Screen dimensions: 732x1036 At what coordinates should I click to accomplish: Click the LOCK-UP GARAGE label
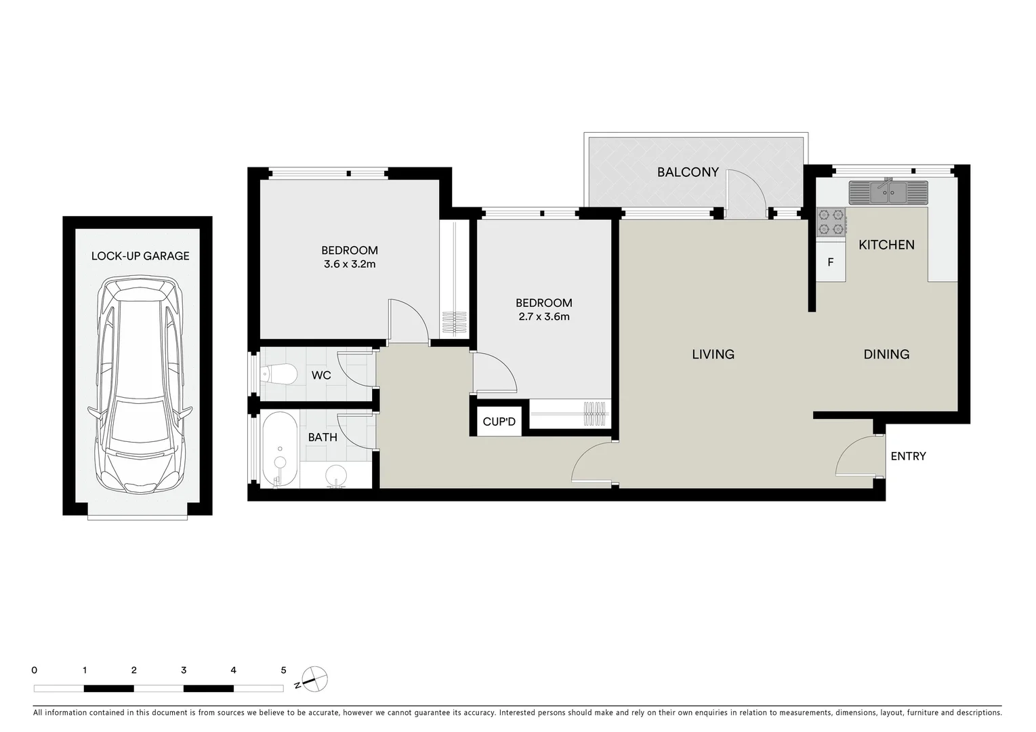140,256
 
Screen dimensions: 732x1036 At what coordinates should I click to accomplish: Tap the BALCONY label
688,172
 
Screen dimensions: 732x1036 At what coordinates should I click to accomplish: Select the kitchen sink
888,192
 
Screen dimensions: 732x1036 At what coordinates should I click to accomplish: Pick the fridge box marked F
831,262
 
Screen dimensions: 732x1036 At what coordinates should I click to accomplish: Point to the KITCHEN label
886,245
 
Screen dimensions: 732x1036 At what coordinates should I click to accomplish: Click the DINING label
886,354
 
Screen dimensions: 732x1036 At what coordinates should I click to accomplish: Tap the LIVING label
713,354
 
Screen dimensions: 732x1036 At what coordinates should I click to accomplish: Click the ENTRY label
908,456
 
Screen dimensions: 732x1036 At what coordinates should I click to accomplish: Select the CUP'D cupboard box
499,422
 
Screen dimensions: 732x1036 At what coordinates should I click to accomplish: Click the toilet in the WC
279,374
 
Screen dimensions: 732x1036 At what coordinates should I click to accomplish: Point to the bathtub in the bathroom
279,449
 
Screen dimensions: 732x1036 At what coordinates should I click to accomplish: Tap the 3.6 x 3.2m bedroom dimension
350,264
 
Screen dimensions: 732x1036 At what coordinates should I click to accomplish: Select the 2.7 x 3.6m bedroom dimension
544,317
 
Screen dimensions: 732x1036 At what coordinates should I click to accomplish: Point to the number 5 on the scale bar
283,670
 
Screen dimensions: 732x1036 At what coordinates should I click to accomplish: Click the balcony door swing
745,192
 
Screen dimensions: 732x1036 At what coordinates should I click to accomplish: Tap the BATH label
323,437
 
